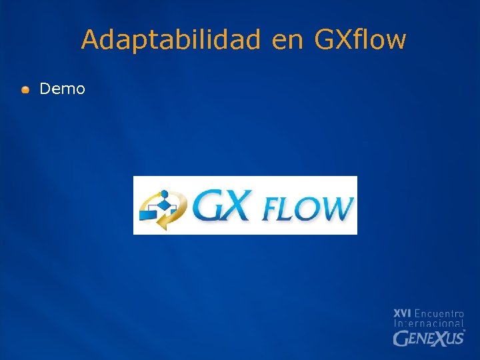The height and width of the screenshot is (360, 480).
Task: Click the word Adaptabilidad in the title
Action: [171, 40]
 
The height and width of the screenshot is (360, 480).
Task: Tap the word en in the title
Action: [287, 40]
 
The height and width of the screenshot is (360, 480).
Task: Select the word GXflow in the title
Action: [359, 40]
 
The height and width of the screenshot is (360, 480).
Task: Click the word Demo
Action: [63, 89]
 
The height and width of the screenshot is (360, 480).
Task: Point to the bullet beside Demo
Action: [25, 89]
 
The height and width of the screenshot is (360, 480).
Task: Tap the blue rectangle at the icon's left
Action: [147, 215]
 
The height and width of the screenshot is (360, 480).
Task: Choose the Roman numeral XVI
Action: [402, 313]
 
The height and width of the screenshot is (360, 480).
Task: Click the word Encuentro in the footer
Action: [439, 313]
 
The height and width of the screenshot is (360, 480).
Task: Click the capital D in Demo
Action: [45, 89]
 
